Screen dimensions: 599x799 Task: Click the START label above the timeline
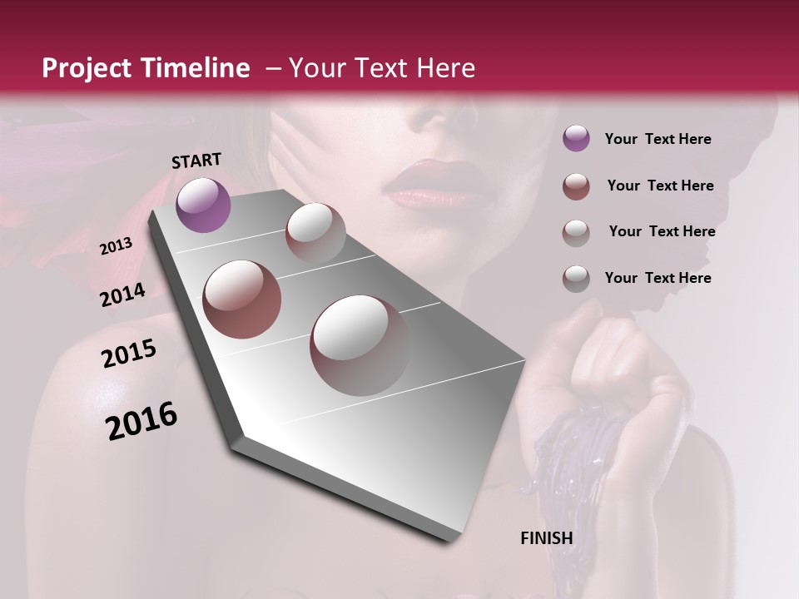pos(196,161)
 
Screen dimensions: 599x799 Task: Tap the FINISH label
pos(546,538)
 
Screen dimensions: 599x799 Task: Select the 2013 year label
pos(116,246)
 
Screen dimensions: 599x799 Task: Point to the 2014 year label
pos(122,295)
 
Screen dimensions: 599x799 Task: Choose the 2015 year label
pos(129,354)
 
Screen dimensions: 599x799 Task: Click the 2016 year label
pos(141,420)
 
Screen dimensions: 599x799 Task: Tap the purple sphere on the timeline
pos(203,205)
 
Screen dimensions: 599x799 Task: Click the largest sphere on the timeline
pos(360,344)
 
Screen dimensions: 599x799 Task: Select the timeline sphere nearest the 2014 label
pos(241,299)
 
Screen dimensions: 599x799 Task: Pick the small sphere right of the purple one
pos(315,232)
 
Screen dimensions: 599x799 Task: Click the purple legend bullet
pos(576,139)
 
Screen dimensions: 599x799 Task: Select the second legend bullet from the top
pos(576,186)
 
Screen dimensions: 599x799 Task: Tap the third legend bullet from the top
pos(576,232)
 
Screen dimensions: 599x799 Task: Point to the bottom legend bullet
pos(576,278)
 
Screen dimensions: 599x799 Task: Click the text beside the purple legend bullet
pos(658,139)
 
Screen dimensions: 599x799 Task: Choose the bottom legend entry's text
pos(658,278)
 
